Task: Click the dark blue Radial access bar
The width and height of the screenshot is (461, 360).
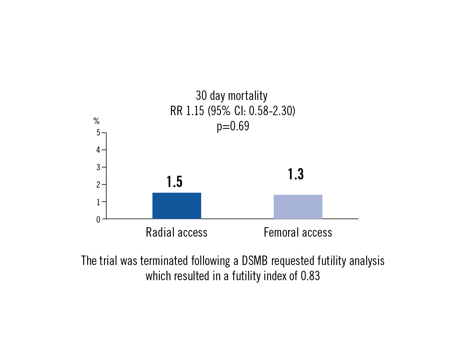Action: point(177,206)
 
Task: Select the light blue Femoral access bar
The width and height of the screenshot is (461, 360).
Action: point(298,207)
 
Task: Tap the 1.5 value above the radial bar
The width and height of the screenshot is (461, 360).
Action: point(174,182)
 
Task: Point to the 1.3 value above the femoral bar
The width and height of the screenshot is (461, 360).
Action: point(296,174)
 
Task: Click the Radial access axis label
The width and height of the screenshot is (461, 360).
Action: point(177,232)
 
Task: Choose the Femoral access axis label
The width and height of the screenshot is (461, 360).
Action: point(298,232)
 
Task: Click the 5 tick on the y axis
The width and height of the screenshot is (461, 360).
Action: point(98,133)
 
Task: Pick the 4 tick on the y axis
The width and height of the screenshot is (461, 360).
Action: point(98,150)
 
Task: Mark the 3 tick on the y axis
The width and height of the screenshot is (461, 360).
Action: point(98,167)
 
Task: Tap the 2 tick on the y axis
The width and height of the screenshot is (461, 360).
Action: point(98,185)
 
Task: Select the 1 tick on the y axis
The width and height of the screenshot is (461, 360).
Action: point(98,202)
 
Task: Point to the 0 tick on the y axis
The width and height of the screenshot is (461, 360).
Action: point(98,219)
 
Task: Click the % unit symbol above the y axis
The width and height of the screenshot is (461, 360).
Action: point(96,121)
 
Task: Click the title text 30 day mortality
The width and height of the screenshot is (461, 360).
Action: point(232,96)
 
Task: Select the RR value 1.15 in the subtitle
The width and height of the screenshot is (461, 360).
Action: point(195,111)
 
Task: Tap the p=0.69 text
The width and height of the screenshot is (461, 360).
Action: point(233,126)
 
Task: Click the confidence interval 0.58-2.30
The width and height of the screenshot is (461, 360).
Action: point(270,111)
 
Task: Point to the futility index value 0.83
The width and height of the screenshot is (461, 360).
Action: point(310,276)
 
